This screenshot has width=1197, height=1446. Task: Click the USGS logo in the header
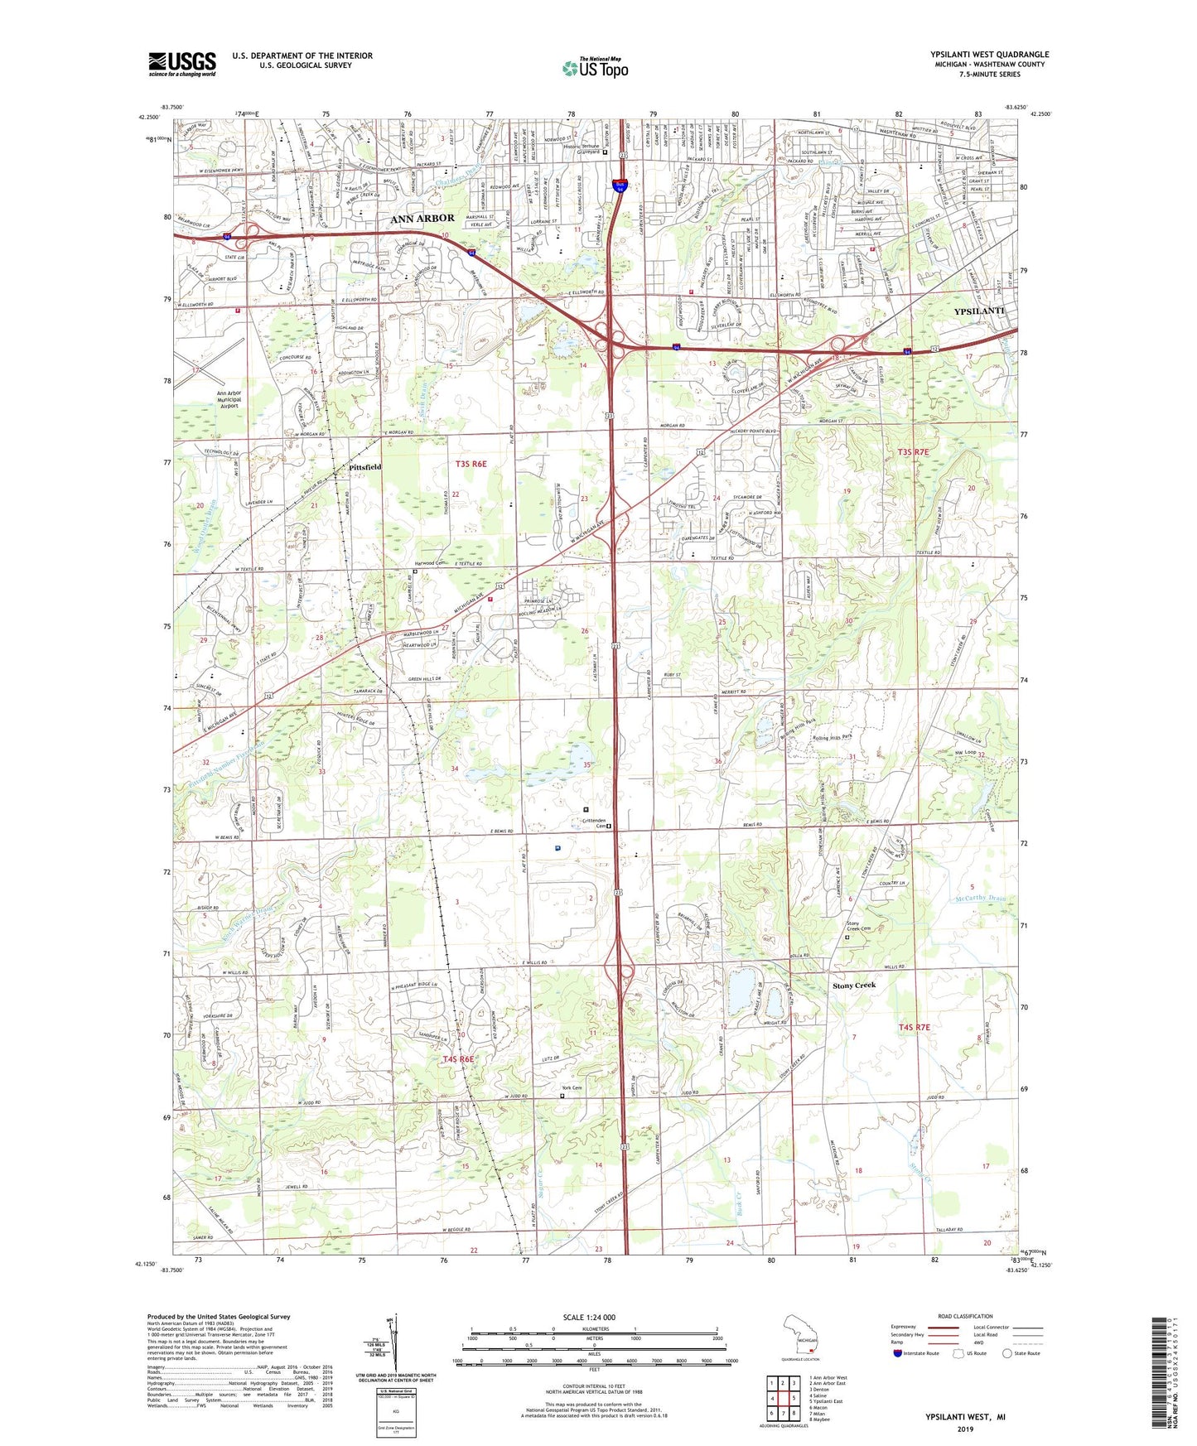click(181, 64)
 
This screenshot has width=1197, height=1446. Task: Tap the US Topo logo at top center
click(594, 68)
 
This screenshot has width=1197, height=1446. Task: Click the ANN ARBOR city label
click(422, 218)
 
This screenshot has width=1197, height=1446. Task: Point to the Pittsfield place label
click(363, 467)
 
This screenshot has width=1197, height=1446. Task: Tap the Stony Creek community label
click(853, 986)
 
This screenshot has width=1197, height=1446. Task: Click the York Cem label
click(571, 1087)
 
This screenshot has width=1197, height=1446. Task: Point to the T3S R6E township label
click(471, 464)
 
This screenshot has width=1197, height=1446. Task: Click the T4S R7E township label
click(915, 1027)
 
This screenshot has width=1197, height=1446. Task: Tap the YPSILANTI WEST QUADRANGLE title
click(989, 55)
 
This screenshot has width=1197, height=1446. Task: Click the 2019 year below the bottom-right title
click(965, 1429)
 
